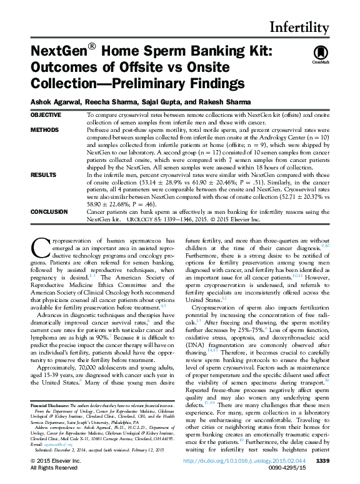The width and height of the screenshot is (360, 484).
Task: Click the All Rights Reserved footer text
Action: [54, 468]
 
